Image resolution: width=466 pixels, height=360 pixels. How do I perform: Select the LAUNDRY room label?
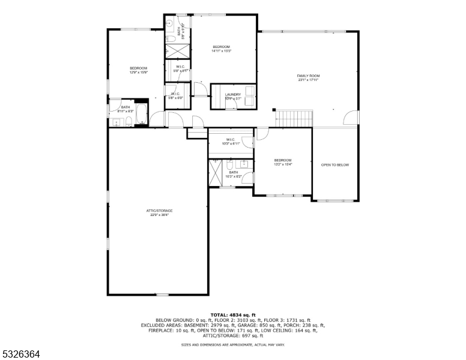(232, 96)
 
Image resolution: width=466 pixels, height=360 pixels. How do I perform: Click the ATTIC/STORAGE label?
(159, 212)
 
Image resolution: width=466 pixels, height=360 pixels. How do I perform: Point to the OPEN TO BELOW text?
(334, 165)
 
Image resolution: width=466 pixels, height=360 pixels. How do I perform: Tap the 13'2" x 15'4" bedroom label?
(282, 162)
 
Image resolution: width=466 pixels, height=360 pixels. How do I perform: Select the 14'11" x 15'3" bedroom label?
(221, 49)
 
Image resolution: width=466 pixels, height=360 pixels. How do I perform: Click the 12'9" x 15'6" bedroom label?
(138, 70)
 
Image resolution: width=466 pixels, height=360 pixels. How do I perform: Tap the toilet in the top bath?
(171, 38)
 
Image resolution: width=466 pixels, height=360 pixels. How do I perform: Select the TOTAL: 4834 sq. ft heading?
(232, 314)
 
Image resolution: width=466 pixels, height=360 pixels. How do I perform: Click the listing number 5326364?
(21, 355)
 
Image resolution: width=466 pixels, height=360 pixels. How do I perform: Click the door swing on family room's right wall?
(352, 118)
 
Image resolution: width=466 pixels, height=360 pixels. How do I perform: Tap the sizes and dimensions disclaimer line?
(232, 345)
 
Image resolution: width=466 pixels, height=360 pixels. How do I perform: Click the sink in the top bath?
(170, 24)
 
